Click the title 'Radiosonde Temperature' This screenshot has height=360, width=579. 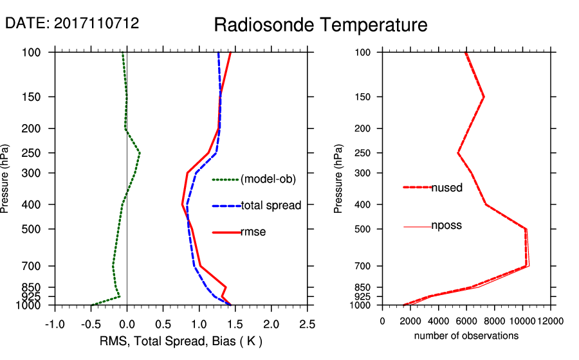(320, 25)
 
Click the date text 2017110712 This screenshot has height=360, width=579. (72, 23)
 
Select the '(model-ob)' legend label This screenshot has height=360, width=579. (268, 179)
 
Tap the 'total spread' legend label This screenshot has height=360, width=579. (271, 206)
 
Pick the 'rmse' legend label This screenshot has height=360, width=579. (253, 231)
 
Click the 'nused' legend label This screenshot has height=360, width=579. (446, 188)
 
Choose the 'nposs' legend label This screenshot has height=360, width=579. (446, 226)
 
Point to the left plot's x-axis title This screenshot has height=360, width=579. (181, 340)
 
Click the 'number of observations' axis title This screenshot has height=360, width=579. (466, 336)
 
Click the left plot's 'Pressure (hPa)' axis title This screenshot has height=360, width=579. (6, 178)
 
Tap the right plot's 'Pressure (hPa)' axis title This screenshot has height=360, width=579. (338, 178)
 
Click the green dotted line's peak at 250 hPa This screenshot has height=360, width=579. (140, 153)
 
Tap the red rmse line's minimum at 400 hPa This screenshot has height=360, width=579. (182, 204)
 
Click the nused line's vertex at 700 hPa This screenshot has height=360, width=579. (528, 265)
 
